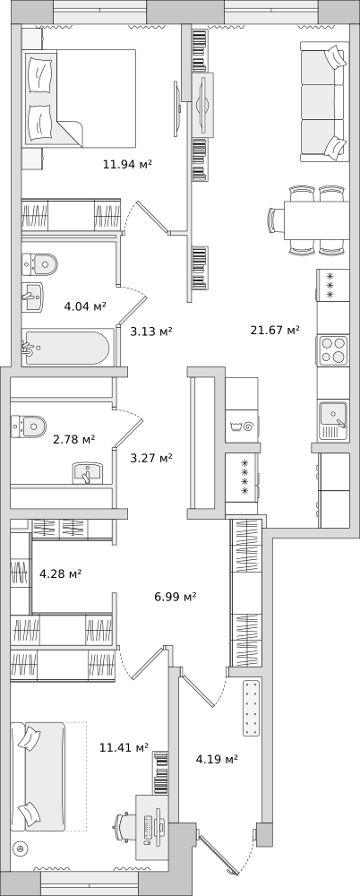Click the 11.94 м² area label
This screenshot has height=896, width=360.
(x=127, y=165)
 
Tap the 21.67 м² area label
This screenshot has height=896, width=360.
(x=275, y=330)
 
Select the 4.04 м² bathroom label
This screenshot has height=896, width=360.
(x=85, y=306)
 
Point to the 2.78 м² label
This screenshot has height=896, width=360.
(x=73, y=439)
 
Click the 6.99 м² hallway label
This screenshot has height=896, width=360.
(x=176, y=597)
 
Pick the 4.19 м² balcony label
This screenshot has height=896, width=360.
(x=217, y=760)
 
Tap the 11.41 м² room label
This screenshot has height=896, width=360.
(x=124, y=747)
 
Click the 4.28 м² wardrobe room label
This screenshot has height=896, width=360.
(x=60, y=573)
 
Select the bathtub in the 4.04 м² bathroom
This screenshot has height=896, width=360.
(x=65, y=348)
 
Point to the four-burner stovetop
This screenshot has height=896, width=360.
(x=332, y=349)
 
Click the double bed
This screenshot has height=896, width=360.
(x=79, y=99)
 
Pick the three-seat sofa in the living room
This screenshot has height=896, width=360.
(x=324, y=102)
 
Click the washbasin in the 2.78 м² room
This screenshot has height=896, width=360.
(x=87, y=473)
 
